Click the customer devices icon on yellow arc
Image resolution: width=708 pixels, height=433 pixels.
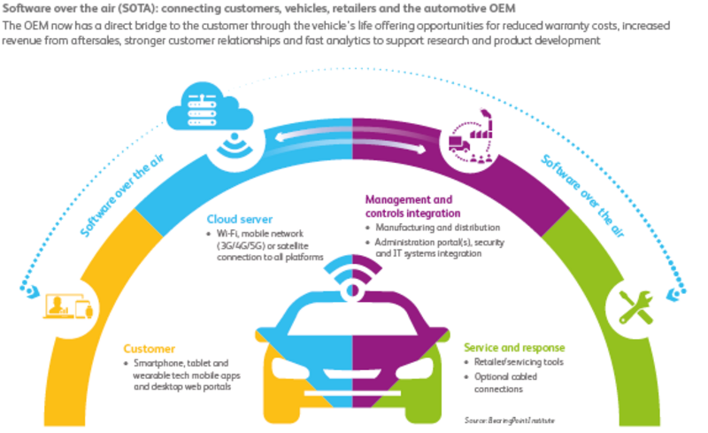[67, 307]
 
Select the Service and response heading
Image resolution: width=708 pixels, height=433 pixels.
[514, 348]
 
